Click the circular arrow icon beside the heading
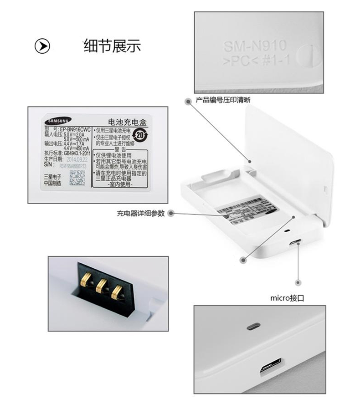pos(42,46)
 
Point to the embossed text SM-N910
pos(254,46)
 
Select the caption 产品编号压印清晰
pos(222,100)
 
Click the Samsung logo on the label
pos(57,121)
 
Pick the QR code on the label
pos(77,178)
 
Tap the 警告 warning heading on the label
pos(120,149)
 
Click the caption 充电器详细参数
pos(140,213)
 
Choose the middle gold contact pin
pos(101,285)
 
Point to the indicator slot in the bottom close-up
pos(253,326)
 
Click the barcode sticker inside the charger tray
pos(244,210)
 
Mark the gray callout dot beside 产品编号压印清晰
pos(187,100)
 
